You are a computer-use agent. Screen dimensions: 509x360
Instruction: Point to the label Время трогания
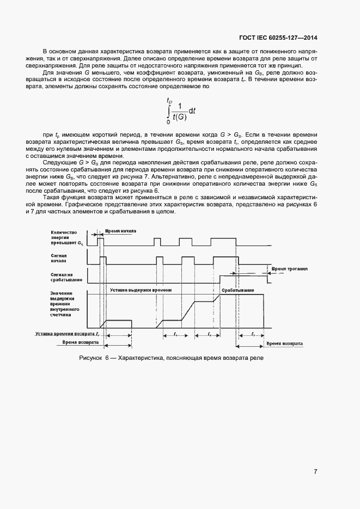point(290,268)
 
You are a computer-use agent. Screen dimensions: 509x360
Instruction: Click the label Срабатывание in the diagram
point(237,290)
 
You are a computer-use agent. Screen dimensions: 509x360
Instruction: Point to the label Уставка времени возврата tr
point(66,333)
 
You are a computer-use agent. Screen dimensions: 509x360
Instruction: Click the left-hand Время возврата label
point(81,343)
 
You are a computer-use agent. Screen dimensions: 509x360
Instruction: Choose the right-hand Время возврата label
point(284,344)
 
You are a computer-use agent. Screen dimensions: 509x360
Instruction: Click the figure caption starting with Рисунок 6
point(171,358)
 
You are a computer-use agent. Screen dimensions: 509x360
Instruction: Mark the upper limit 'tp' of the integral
point(169,100)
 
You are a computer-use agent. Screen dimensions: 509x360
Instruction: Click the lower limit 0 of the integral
point(168,122)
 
